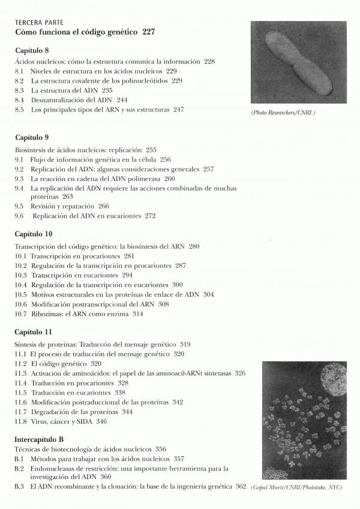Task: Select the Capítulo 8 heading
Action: (x=32, y=50)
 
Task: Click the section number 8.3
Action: (x=19, y=90)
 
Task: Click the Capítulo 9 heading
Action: (x=32, y=137)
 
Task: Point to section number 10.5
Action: (x=20, y=294)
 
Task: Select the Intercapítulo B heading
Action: (x=38, y=439)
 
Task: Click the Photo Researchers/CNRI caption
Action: (x=283, y=112)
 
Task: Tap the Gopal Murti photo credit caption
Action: (x=296, y=487)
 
